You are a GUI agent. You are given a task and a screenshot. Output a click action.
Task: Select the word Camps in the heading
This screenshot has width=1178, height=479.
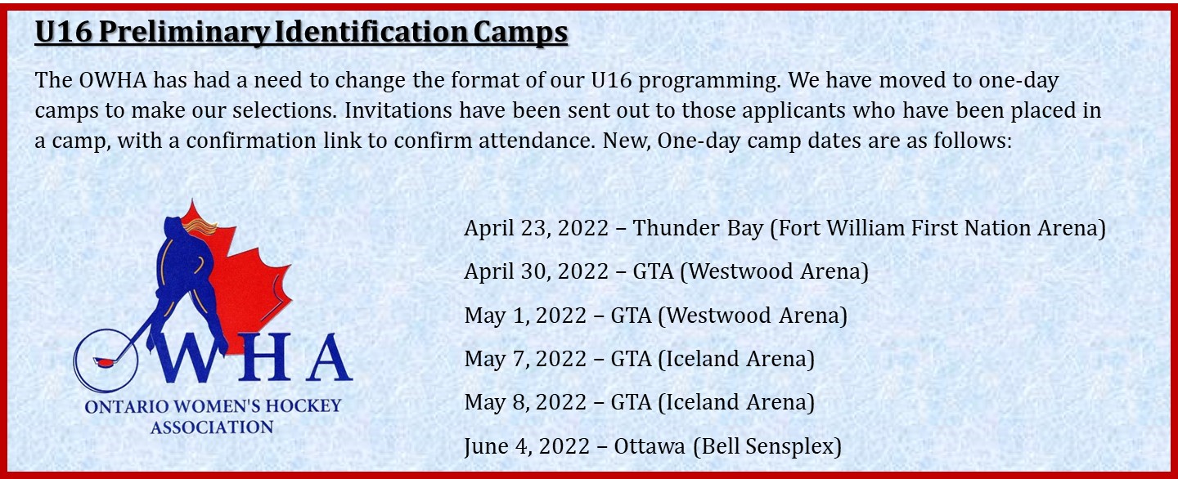[520, 33]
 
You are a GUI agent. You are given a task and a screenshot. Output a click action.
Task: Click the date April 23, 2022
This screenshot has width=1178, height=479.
[536, 228]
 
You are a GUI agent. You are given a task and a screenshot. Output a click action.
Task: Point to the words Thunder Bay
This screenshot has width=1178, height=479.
[697, 228]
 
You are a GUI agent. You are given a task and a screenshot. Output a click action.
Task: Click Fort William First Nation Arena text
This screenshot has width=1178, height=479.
[937, 228]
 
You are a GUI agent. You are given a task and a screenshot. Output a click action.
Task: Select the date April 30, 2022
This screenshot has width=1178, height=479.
[536, 271]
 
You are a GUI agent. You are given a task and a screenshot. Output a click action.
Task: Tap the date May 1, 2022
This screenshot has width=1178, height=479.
[525, 316]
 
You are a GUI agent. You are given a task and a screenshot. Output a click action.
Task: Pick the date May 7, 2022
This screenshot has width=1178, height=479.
[525, 359]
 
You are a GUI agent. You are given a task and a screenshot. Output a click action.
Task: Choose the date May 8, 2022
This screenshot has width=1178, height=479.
[525, 402]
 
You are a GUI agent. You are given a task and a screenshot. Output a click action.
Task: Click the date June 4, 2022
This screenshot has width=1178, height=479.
[527, 446]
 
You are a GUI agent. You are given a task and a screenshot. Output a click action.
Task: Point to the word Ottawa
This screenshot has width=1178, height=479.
[650, 446]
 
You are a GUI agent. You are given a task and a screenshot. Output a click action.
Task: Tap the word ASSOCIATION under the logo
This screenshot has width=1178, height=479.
[212, 428]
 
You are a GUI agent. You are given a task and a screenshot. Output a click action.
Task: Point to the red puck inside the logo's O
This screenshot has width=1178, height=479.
[103, 360]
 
